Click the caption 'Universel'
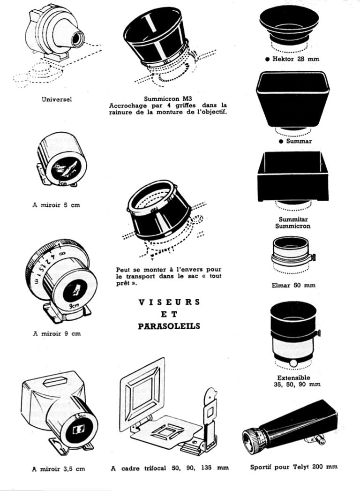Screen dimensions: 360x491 57,99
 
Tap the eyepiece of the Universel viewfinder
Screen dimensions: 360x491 77,38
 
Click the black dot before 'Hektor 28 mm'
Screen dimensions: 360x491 267,59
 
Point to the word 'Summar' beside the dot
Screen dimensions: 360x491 299,141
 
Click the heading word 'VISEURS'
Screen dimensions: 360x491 169,302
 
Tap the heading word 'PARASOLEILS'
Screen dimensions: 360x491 169,326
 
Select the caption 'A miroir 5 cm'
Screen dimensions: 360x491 56,205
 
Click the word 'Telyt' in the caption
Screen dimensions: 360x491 301,467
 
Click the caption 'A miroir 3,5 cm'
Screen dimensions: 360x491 59,469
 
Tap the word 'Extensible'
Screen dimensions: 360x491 293,378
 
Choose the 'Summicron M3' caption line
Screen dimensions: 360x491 168,99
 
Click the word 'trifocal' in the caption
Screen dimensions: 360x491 156,468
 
